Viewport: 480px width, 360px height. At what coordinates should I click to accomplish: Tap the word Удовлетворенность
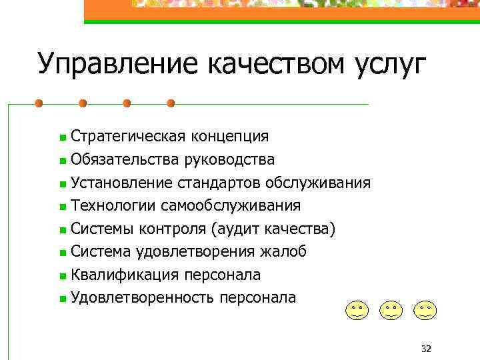(140, 297)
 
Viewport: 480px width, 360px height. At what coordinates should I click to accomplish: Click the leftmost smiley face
(357, 309)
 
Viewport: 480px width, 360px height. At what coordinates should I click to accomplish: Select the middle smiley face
(391, 309)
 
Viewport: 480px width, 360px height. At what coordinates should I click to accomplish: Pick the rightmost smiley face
(425, 309)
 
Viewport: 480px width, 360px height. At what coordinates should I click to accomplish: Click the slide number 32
(427, 349)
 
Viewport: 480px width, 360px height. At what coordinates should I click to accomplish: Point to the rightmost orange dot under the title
(171, 104)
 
